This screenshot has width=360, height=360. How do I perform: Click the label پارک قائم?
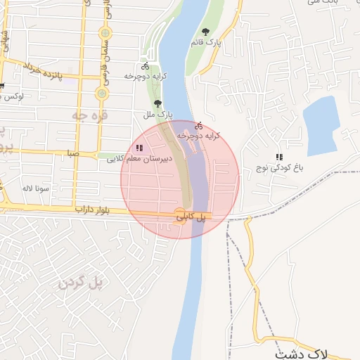(205, 43)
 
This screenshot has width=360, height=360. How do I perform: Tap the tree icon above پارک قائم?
(205, 32)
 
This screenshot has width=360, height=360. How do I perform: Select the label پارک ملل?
(159, 112)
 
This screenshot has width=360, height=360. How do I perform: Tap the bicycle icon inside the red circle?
(198, 125)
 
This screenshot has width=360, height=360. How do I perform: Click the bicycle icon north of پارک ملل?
(146, 65)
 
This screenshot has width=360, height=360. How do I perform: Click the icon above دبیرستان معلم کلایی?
(139, 148)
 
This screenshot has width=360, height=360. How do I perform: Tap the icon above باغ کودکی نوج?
(279, 157)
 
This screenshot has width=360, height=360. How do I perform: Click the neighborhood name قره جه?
(94, 113)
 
